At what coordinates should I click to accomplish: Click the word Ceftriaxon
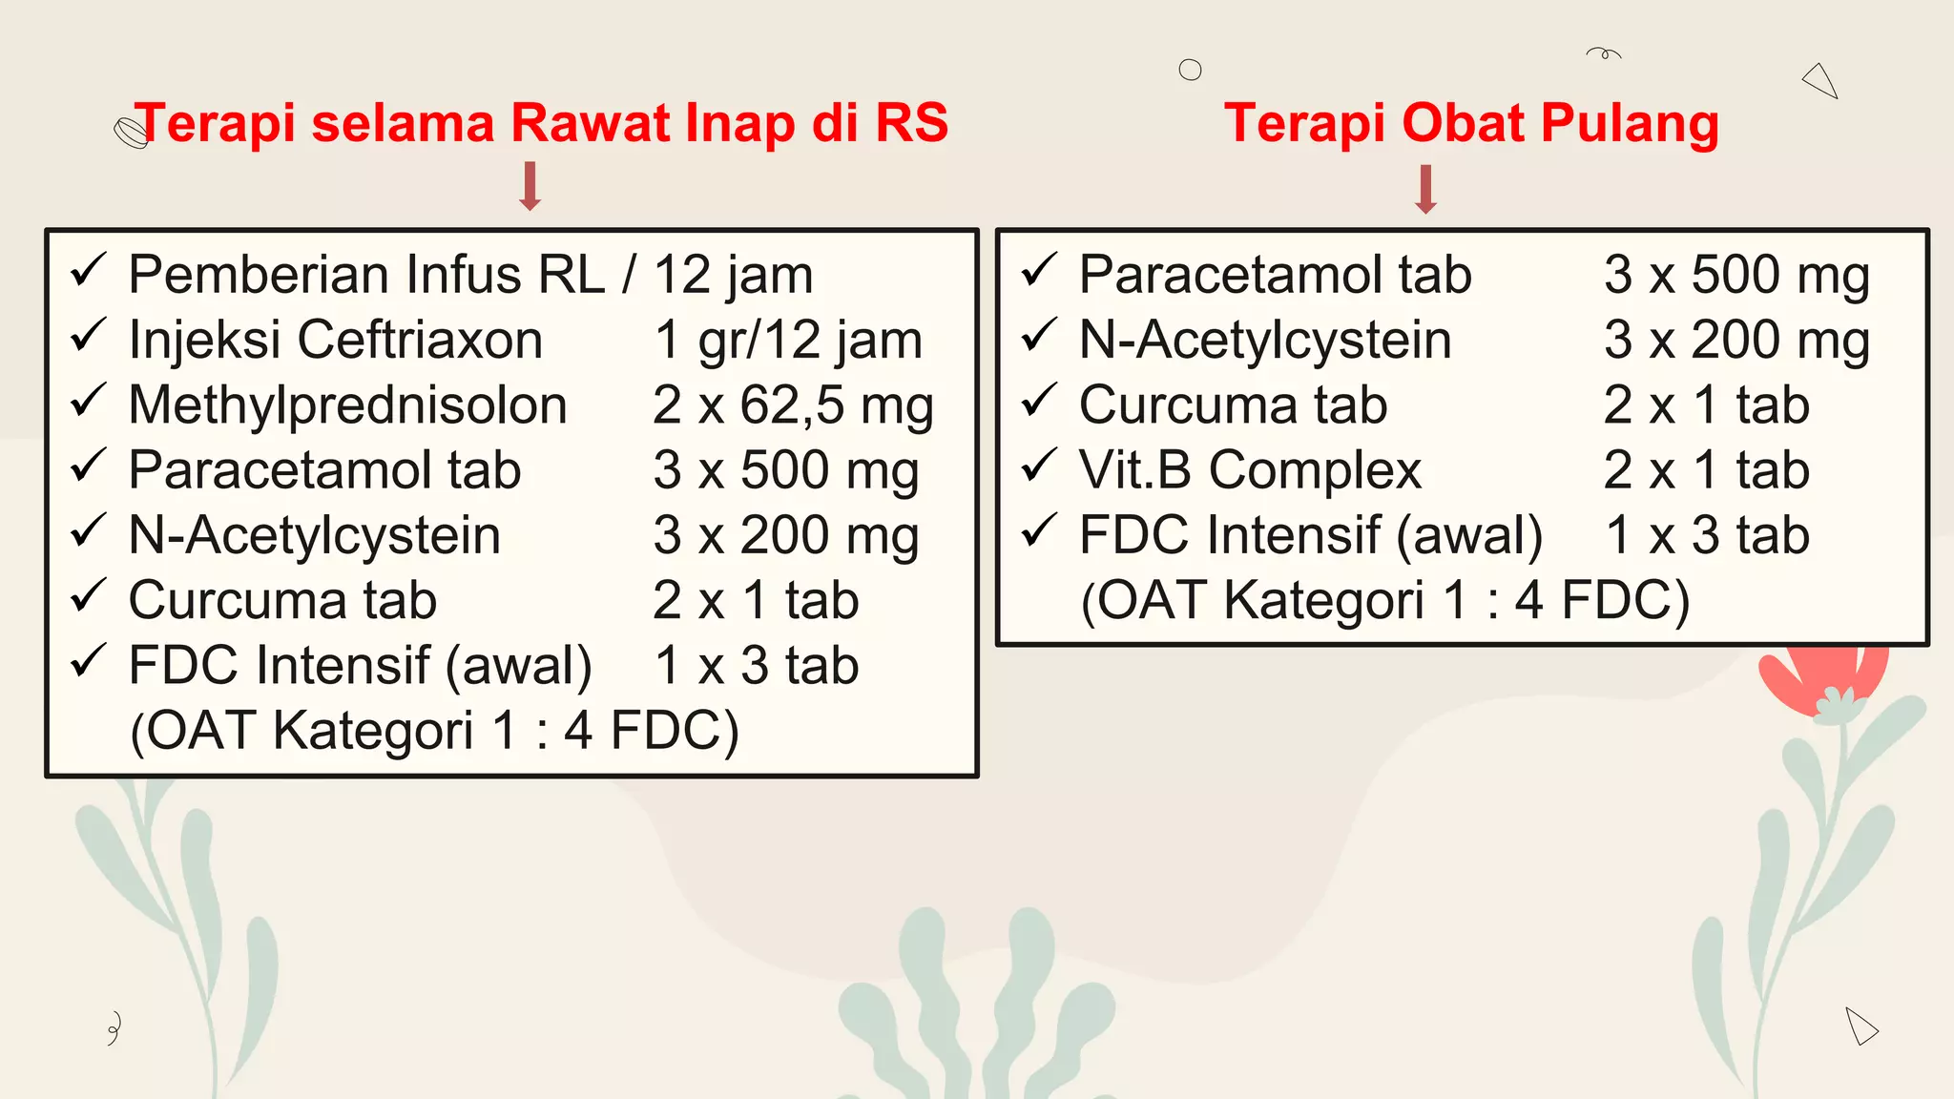tap(420, 341)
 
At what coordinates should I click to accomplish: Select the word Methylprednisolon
tap(348, 405)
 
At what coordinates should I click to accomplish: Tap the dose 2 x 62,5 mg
tap(793, 405)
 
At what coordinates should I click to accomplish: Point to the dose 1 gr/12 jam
tap(788, 341)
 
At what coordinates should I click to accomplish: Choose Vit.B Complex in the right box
tap(1250, 470)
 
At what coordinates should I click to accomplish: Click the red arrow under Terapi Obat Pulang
tap(1426, 189)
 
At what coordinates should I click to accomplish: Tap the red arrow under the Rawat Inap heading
tap(530, 186)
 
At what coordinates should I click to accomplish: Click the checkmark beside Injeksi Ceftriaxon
tap(88, 336)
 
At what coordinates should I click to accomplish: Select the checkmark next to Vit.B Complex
tap(1039, 466)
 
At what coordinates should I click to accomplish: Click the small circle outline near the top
tap(1190, 70)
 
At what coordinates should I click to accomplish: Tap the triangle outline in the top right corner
tap(1821, 80)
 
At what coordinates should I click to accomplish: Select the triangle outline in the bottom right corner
tap(1860, 1026)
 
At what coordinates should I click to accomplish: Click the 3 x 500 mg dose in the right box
tap(1736, 276)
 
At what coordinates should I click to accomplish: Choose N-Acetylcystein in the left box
tap(315, 535)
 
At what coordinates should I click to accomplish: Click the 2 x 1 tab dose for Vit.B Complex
tap(1707, 470)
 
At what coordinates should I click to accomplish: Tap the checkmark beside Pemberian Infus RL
tap(88, 271)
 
